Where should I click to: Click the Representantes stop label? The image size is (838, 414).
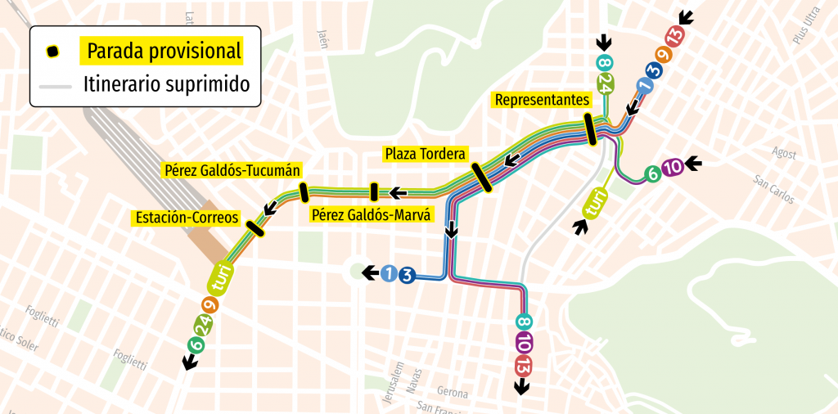[542, 100]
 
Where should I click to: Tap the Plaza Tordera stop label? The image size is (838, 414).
[425, 154]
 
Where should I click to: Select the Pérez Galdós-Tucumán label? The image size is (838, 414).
[232, 171]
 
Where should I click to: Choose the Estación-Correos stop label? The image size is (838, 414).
[187, 218]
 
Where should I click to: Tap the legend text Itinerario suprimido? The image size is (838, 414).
[166, 84]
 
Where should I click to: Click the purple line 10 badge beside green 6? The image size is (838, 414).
[672, 168]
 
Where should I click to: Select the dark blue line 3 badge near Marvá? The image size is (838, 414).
[407, 274]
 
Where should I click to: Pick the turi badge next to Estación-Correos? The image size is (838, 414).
[221, 278]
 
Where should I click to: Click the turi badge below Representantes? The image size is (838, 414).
[596, 202]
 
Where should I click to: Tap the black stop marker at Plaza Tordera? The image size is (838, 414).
[481, 177]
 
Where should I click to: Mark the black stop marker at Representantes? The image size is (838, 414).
[589, 130]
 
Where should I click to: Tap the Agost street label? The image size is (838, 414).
[783, 153]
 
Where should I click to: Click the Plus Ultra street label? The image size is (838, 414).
[805, 26]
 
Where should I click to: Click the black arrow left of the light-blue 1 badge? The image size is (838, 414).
[371, 273]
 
